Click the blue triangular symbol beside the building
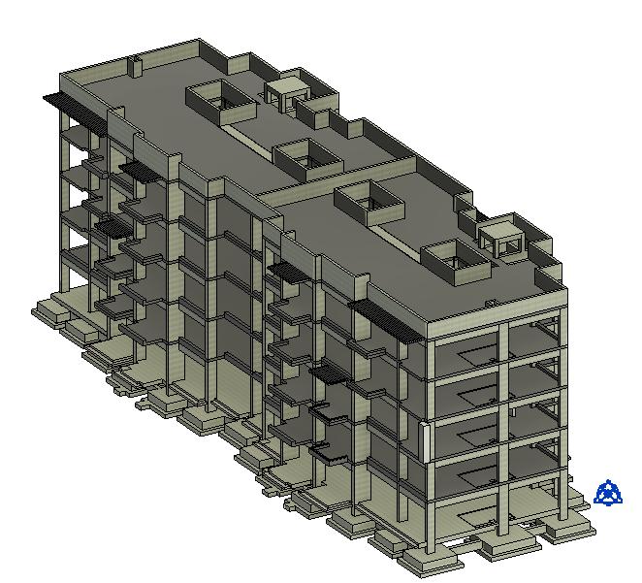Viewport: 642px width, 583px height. (x=608, y=493)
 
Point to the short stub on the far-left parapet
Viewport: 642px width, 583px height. (x=137, y=67)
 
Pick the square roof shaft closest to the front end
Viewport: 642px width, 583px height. (x=453, y=256)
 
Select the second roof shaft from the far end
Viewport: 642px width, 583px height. (x=305, y=155)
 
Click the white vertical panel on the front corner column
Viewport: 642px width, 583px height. (x=426, y=442)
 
